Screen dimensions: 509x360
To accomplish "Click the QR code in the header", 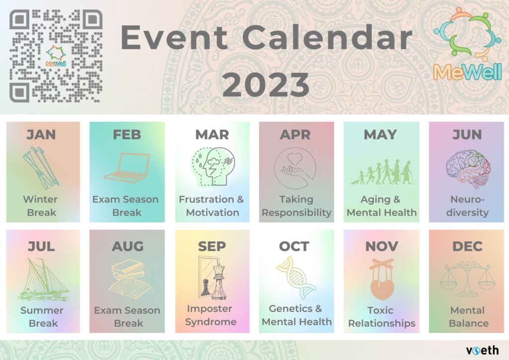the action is (x=56, y=56).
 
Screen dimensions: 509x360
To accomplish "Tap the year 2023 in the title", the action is (x=265, y=85).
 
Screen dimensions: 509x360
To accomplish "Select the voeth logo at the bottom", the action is (x=482, y=350).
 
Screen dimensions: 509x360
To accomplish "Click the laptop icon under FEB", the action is (x=127, y=168).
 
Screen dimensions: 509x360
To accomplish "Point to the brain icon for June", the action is (x=468, y=169).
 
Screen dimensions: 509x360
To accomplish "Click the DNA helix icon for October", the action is (x=296, y=277).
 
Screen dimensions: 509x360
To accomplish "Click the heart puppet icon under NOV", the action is (x=382, y=279).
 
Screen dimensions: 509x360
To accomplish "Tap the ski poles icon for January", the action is (x=41, y=168).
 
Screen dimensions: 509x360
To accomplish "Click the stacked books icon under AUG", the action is (x=129, y=279).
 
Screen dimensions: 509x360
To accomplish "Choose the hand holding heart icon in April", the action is (x=295, y=168).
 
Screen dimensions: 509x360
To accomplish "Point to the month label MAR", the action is (x=212, y=135).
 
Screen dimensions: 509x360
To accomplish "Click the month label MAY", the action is (x=380, y=135).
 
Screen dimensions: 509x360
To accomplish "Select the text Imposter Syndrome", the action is (x=211, y=315).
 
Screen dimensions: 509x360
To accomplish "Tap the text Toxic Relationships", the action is (x=382, y=317).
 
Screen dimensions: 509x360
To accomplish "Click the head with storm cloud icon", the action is (x=213, y=167).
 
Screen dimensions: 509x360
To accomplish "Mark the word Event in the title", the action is (x=174, y=37).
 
